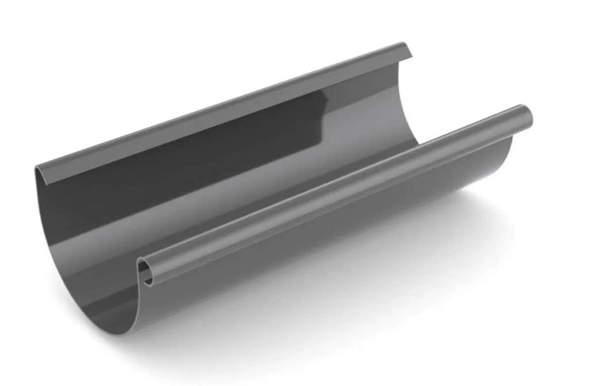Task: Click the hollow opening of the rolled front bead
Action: [147, 270]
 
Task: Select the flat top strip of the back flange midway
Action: [225, 109]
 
